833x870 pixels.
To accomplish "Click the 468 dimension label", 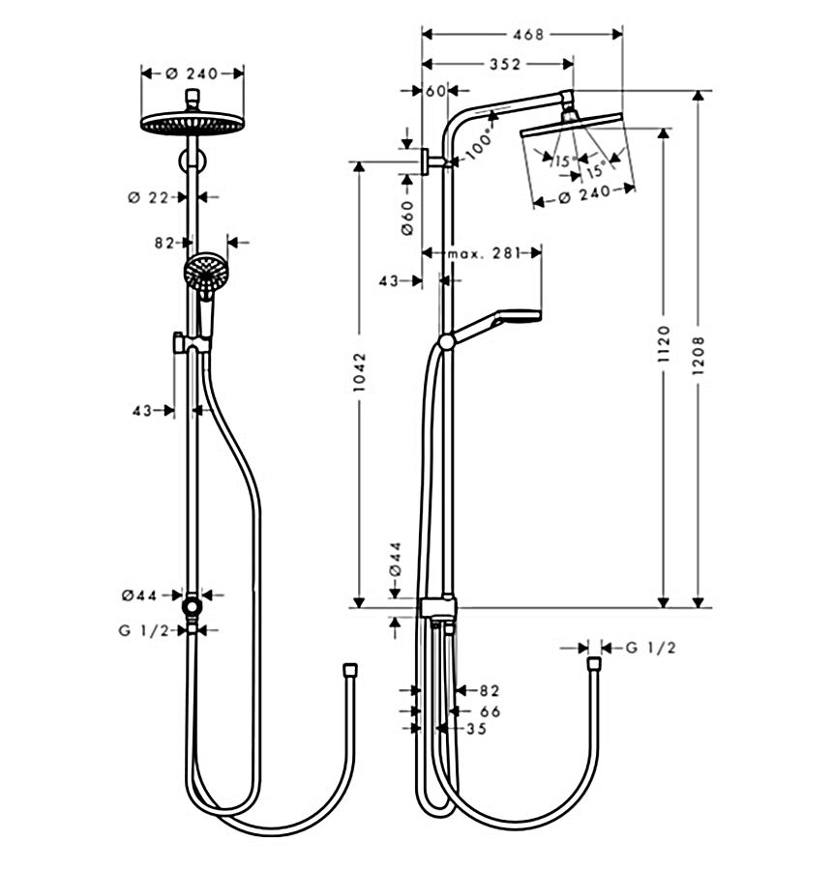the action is (527, 35).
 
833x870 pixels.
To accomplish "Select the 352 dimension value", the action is (505, 65).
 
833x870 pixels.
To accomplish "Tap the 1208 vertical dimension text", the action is (699, 355).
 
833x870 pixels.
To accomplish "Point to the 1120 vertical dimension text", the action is (664, 344).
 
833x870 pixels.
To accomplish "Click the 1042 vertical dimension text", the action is (359, 372).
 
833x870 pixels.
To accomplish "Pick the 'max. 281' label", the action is (485, 253).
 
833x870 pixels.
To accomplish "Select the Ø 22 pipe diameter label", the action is (148, 197).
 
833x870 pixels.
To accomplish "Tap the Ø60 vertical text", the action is (407, 218).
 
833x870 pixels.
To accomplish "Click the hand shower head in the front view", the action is (206, 272).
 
